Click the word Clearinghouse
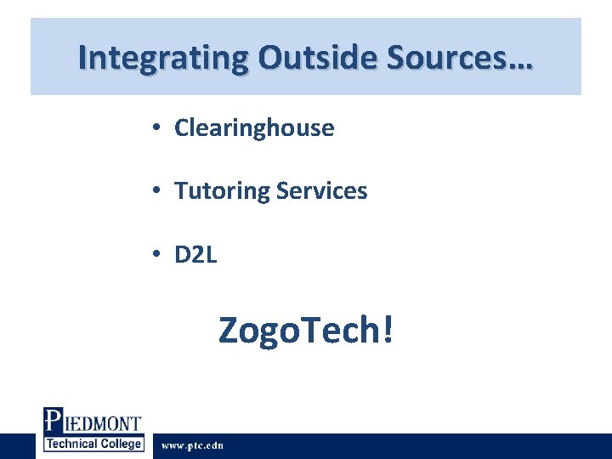tap(254, 128)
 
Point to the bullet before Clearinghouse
tap(157, 128)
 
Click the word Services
tap(321, 191)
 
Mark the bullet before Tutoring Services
tap(157, 191)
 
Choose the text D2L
tap(195, 254)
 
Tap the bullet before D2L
tap(157, 254)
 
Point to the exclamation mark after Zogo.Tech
tap(388, 329)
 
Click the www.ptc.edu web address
tap(192, 445)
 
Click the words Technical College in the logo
tap(93, 445)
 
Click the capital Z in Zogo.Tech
tap(230, 330)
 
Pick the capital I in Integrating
tap(82, 57)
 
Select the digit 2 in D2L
tap(196, 254)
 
